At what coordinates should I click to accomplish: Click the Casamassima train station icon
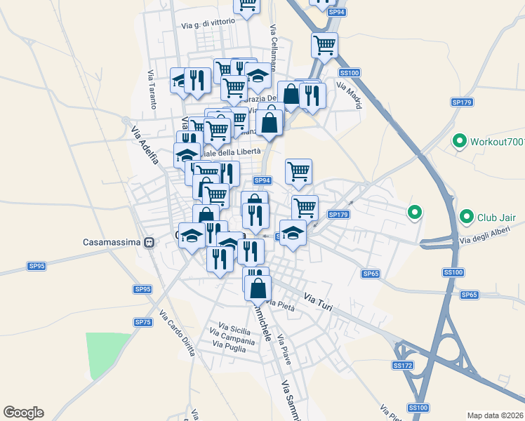click(149, 243)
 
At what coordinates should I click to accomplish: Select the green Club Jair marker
click(465, 218)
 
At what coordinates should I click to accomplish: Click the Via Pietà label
click(279, 302)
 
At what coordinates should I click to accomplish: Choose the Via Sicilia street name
click(234, 327)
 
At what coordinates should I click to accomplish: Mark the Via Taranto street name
click(152, 90)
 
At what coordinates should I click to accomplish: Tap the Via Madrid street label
click(350, 95)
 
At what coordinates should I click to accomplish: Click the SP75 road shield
click(143, 321)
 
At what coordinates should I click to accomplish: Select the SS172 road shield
click(401, 366)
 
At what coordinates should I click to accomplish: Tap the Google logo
click(23, 413)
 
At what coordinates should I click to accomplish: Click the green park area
click(106, 355)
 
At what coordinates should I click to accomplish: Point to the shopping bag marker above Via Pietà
click(258, 285)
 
